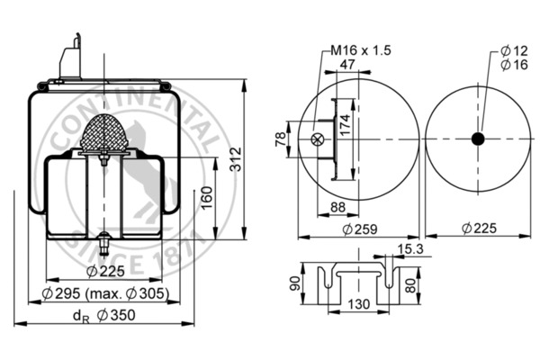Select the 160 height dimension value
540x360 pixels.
tap(206, 195)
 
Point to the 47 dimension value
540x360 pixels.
tap(346, 64)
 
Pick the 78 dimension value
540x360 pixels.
tap(279, 139)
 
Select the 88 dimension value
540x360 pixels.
tap(339, 209)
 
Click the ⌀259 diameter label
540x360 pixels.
tap(360, 229)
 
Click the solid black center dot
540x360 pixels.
tap(478, 139)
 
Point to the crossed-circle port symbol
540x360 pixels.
tap(316, 139)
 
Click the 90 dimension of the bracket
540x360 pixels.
tap(294, 284)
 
